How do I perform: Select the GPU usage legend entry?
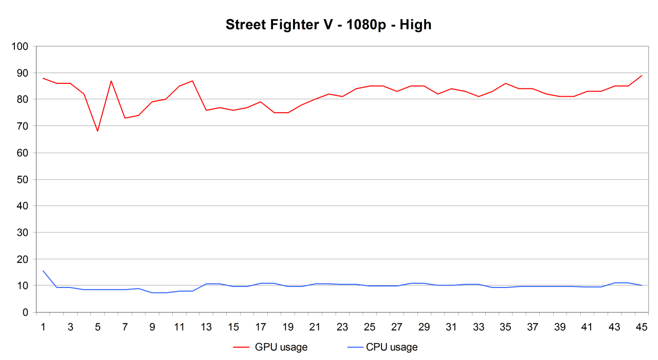[x=281, y=347]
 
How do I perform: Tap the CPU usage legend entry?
[x=392, y=347]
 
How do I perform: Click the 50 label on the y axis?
[x=23, y=179]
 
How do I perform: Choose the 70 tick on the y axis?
[x=23, y=126]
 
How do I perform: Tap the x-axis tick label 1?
[x=43, y=327]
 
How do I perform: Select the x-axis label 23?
[x=342, y=327]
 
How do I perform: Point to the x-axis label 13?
[x=206, y=327]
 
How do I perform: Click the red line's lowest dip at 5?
[x=97, y=131]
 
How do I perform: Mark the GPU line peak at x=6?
[x=111, y=81]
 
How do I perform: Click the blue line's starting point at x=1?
[x=43, y=271]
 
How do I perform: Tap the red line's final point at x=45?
[x=641, y=76]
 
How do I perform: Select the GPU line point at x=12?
[x=192, y=81]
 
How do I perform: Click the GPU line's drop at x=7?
[x=125, y=118]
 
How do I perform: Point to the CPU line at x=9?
[x=152, y=293]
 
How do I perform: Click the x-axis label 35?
[x=505, y=327]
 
